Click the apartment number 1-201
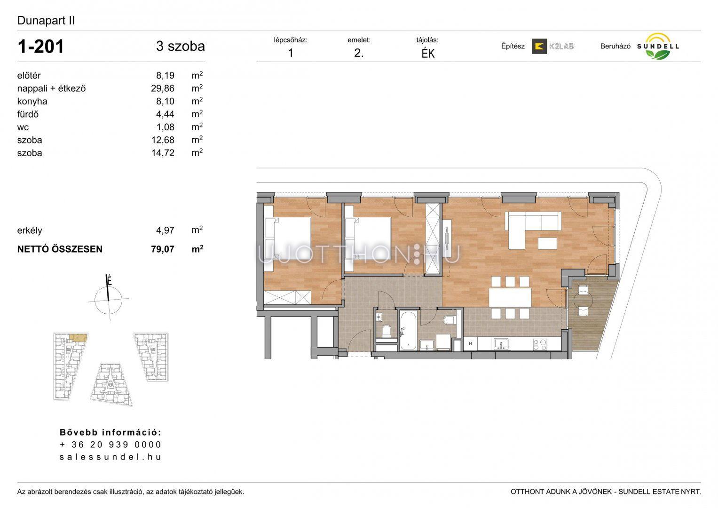[x=41, y=46]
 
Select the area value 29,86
[x=163, y=88]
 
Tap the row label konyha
[x=32, y=101]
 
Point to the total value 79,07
[x=163, y=249]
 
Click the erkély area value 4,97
[x=165, y=230]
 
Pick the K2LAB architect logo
[x=552, y=46]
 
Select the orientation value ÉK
[x=428, y=54]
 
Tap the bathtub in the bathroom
[x=408, y=330]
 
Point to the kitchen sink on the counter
[x=501, y=344]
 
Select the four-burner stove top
[x=540, y=344]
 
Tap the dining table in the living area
[x=510, y=297]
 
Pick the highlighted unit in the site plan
[x=78, y=337]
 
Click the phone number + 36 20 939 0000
[x=110, y=444]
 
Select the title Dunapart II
[x=46, y=21]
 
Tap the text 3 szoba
[x=181, y=46]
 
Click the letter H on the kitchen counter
[x=471, y=344]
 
